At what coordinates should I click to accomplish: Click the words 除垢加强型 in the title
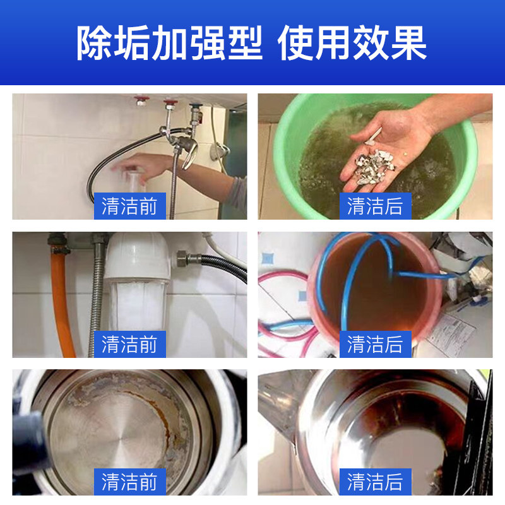[x=169, y=44]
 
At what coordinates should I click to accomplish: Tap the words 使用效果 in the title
[x=352, y=44]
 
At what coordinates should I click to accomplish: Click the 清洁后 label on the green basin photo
[x=375, y=206]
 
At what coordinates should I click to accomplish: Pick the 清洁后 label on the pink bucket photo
[x=375, y=344]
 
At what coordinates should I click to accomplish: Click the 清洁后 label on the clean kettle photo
[x=375, y=482]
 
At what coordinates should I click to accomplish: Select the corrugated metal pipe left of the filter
[x=97, y=297]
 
